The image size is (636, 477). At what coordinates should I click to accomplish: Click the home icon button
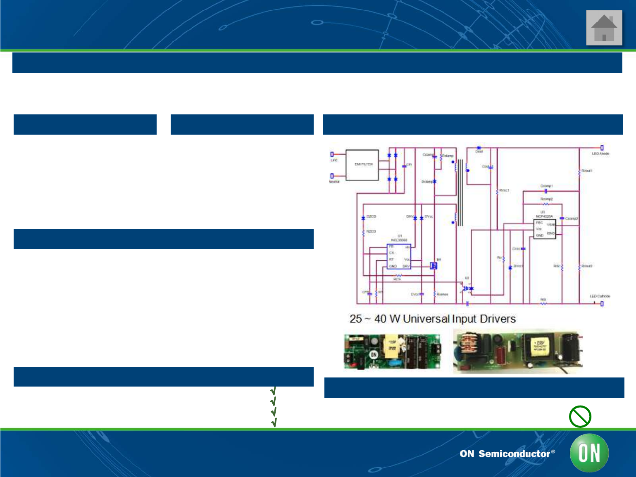(x=604, y=28)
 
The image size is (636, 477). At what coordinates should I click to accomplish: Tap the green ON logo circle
(x=589, y=453)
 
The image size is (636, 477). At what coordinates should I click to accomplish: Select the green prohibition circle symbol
(x=580, y=416)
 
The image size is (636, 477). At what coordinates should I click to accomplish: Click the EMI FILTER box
(x=362, y=165)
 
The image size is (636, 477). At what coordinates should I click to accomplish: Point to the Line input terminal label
(x=334, y=160)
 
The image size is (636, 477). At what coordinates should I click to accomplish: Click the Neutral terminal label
(x=334, y=182)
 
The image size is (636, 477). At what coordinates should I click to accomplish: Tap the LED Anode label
(x=600, y=154)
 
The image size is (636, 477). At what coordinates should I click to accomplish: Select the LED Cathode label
(x=600, y=297)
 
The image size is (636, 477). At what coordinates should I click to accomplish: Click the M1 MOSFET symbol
(x=434, y=266)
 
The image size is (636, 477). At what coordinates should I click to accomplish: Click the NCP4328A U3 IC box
(x=545, y=229)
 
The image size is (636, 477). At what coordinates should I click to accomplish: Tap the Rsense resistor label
(x=443, y=294)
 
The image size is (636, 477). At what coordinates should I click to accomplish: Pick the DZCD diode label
(x=371, y=216)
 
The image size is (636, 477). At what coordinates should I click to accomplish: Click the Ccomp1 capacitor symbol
(x=545, y=191)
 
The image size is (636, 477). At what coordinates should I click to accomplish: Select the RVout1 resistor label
(x=587, y=171)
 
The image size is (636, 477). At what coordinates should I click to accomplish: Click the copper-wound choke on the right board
(x=467, y=345)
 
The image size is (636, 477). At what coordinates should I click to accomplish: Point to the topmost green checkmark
(x=273, y=391)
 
